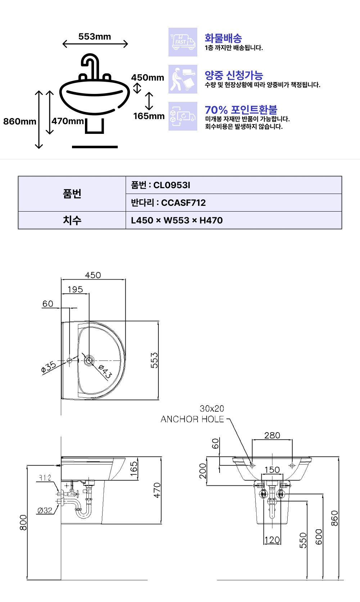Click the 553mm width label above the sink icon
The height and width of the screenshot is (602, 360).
click(x=95, y=37)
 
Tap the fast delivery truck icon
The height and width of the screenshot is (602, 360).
click(x=183, y=42)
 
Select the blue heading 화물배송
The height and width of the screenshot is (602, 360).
click(x=223, y=38)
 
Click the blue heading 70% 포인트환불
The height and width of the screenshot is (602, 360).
click(x=241, y=110)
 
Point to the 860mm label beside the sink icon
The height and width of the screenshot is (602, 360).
click(x=20, y=122)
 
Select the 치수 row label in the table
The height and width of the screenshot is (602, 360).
click(x=72, y=220)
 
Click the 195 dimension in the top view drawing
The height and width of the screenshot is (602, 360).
click(x=75, y=289)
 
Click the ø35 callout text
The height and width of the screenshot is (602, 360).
click(x=49, y=367)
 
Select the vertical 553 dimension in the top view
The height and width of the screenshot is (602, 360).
click(x=154, y=360)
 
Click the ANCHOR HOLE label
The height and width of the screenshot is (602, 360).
click(x=192, y=419)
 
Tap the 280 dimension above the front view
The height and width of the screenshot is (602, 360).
click(x=272, y=435)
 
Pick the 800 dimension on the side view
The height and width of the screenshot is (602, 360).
click(x=23, y=523)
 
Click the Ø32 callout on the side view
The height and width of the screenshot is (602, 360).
click(x=45, y=510)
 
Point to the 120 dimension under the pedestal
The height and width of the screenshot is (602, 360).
click(x=273, y=540)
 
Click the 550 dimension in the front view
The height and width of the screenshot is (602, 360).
click(x=303, y=540)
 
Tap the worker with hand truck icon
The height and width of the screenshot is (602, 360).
click(x=183, y=79)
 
